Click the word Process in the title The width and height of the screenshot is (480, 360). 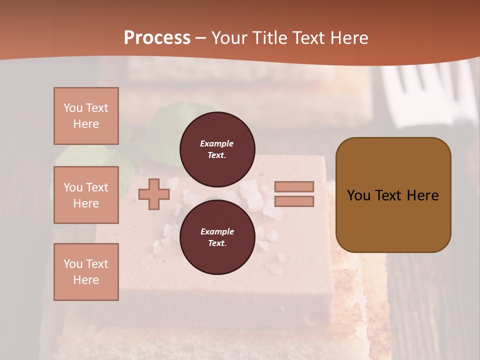click(x=157, y=38)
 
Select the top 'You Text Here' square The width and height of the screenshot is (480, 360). click(x=86, y=116)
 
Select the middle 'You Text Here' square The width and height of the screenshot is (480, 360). click(x=86, y=195)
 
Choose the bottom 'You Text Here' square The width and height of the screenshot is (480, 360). click(x=86, y=272)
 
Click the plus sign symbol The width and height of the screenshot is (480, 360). click(x=154, y=194)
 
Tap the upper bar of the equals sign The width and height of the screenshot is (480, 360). click(x=294, y=186)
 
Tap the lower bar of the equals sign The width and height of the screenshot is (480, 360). click(x=294, y=201)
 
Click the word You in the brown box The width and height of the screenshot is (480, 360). click(x=358, y=195)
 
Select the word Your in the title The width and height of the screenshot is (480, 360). click(x=230, y=38)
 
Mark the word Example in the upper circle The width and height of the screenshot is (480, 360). click(x=217, y=143)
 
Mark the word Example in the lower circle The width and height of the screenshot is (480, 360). click(x=217, y=231)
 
